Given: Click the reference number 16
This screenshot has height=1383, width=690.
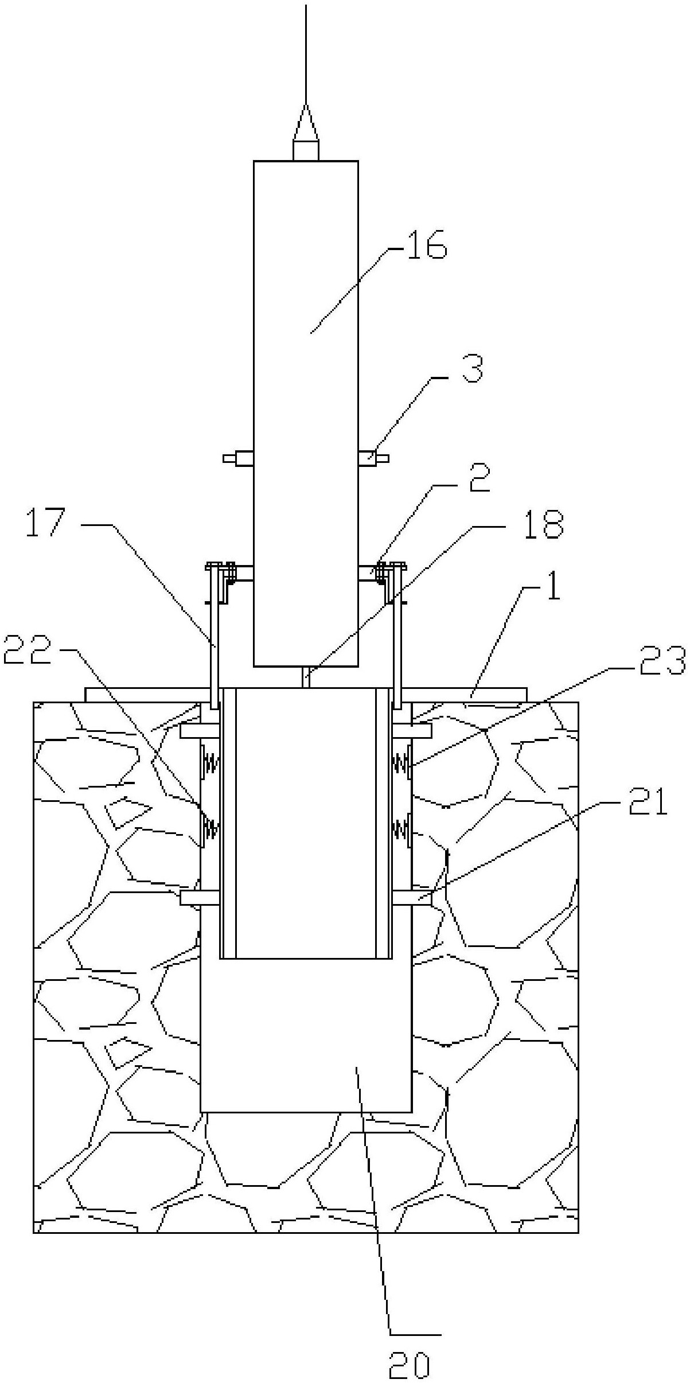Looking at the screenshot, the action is click(x=424, y=248).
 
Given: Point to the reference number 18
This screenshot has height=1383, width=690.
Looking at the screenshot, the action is click(x=543, y=524).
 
